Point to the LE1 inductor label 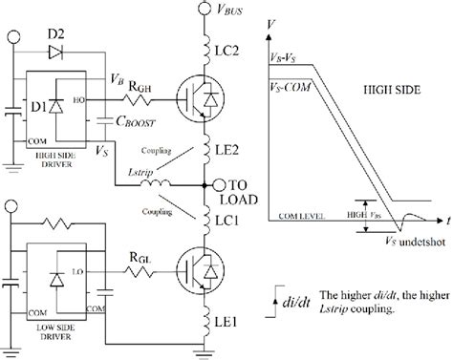click(230, 322)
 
